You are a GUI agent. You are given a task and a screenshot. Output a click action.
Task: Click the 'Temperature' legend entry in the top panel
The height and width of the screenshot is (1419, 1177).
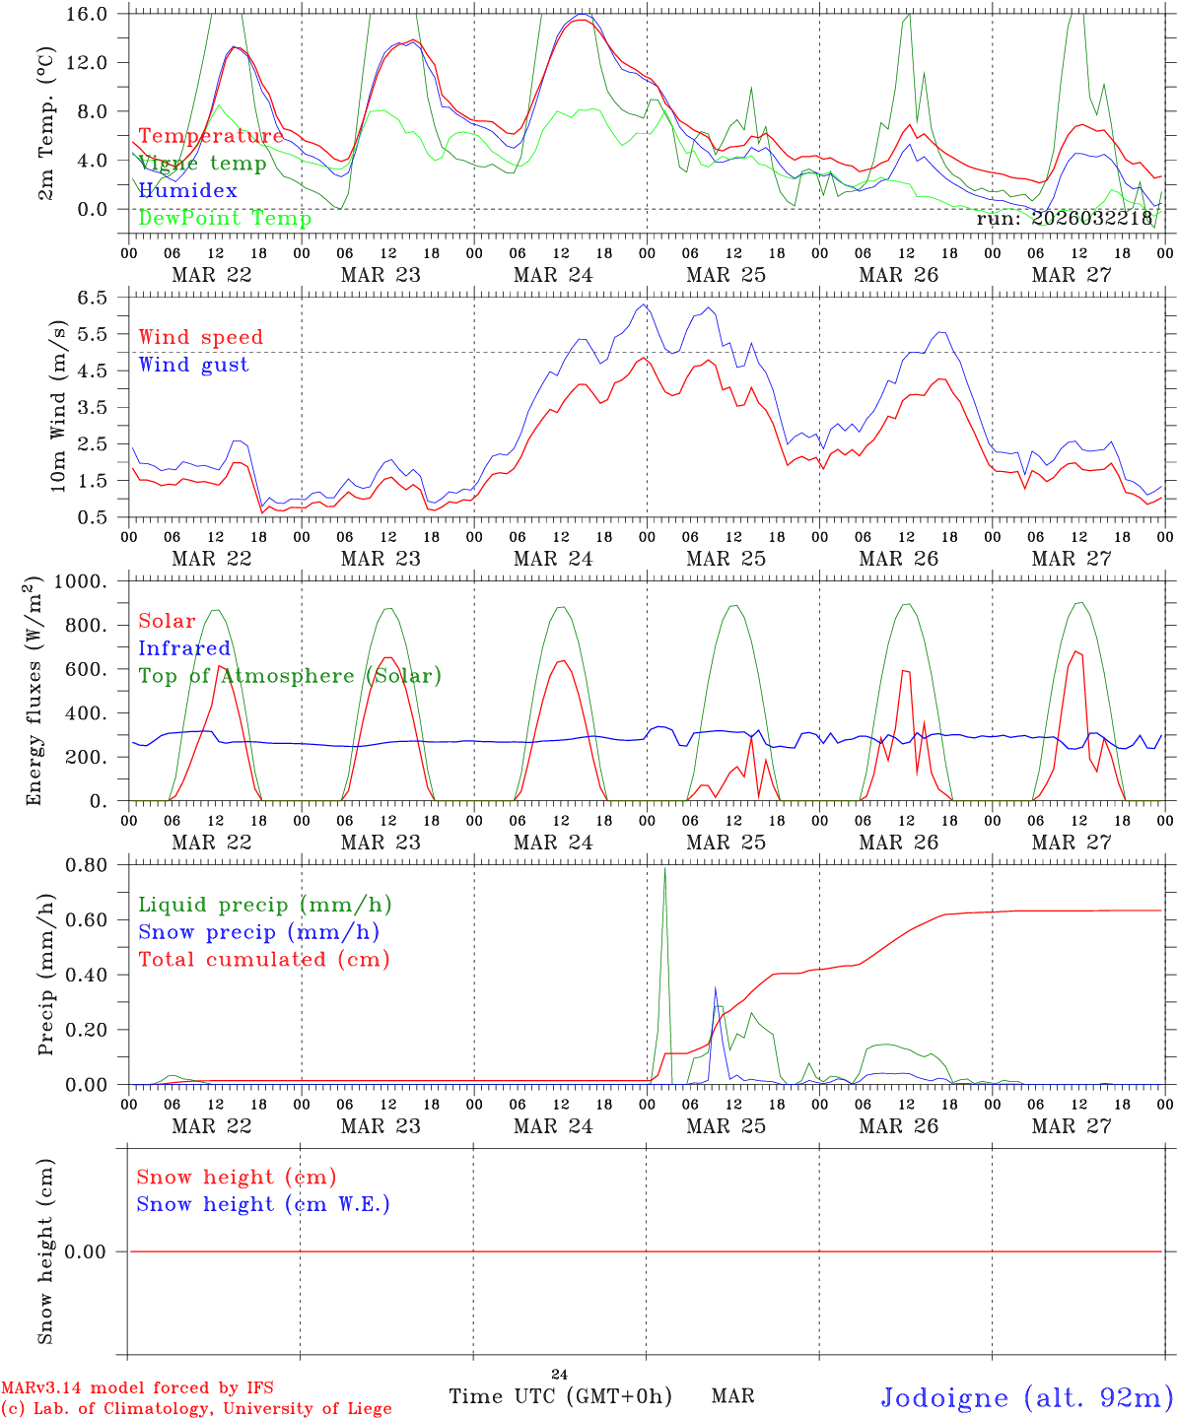[x=210, y=136]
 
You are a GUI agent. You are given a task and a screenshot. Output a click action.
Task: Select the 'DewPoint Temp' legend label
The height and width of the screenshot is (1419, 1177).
[x=225, y=219]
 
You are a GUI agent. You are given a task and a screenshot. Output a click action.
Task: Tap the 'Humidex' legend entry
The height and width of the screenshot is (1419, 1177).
[x=187, y=191]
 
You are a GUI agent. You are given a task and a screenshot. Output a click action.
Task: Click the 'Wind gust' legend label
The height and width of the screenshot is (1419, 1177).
[x=193, y=365]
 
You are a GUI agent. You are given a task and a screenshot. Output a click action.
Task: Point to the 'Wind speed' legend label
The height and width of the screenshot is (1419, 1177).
[x=200, y=337]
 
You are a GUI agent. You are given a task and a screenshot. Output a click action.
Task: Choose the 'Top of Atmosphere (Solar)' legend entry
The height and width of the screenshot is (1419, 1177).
[x=289, y=676]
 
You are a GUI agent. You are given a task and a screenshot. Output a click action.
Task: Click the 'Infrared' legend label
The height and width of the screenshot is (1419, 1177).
[x=183, y=648]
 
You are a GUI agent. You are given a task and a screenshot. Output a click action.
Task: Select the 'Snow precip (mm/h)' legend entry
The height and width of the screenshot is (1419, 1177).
[x=258, y=932]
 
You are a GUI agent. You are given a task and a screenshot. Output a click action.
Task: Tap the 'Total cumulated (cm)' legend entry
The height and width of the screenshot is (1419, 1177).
[x=263, y=960]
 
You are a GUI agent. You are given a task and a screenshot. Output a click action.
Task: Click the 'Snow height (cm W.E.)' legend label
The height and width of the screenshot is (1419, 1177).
[x=262, y=1204]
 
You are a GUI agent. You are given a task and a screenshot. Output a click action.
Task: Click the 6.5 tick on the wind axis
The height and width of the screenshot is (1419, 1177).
[x=95, y=298]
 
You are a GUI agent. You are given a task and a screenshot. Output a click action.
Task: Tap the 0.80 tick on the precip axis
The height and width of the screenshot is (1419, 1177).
[x=89, y=865]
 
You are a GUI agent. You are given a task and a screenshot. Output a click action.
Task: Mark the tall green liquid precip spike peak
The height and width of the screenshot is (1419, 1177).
[x=664, y=868]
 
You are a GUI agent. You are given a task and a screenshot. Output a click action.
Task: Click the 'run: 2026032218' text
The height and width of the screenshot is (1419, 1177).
[x=1064, y=219]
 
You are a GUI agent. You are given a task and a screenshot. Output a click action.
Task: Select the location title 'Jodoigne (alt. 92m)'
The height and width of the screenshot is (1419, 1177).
[x=1026, y=1397]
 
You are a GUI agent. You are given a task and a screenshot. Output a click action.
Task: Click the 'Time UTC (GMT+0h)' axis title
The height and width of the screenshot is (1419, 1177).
[x=560, y=1396]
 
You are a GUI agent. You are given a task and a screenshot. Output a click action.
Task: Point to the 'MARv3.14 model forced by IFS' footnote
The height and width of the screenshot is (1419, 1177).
[x=137, y=1387]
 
